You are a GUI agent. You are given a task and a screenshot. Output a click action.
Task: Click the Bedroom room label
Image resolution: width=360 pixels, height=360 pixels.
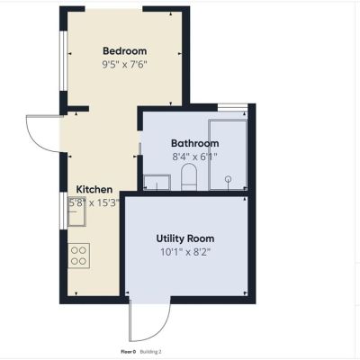pyautogui.click(x=125, y=51)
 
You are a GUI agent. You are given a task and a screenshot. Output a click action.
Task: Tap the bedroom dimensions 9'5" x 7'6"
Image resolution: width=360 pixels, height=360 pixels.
pyautogui.click(x=125, y=65)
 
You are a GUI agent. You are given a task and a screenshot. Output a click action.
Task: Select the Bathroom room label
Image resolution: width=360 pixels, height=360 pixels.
pyautogui.click(x=195, y=143)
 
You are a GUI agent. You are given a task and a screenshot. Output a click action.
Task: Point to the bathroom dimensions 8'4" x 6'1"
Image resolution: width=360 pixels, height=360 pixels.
pyautogui.click(x=195, y=157)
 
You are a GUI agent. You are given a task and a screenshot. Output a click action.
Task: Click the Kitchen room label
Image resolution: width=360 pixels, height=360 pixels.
pyautogui.click(x=94, y=190)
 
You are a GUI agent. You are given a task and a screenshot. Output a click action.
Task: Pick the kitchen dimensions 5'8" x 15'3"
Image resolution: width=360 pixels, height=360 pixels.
pyautogui.click(x=94, y=203)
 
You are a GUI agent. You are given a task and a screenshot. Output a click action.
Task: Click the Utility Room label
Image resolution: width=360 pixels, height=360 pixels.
pyautogui.click(x=185, y=238)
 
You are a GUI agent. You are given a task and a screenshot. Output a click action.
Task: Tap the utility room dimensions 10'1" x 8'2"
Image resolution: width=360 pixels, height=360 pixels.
pyautogui.click(x=185, y=252)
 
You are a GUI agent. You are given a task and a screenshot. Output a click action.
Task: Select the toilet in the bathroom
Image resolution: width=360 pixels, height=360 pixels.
pyautogui.click(x=189, y=176)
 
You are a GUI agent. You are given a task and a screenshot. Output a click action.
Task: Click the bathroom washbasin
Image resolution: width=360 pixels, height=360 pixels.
pyautogui.click(x=157, y=183)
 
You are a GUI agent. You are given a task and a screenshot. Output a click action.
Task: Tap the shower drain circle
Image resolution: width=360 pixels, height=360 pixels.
pyautogui.click(x=229, y=179)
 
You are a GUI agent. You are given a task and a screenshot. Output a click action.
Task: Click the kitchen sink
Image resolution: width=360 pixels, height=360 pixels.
pyautogui.click(x=77, y=211)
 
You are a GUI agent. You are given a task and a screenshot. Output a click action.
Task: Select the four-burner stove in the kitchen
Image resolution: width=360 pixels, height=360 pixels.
pyautogui.click(x=79, y=256)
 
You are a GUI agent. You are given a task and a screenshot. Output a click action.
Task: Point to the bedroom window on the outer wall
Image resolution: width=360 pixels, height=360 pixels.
pyautogui.click(x=63, y=60)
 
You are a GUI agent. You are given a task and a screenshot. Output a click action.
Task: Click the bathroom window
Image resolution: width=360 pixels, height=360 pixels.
pyautogui.click(x=232, y=107)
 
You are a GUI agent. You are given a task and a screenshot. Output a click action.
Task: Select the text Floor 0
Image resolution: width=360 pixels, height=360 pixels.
pyautogui.click(x=129, y=352)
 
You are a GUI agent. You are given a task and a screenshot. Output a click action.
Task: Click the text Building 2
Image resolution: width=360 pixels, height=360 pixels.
pyautogui.click(x=151, y=352)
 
